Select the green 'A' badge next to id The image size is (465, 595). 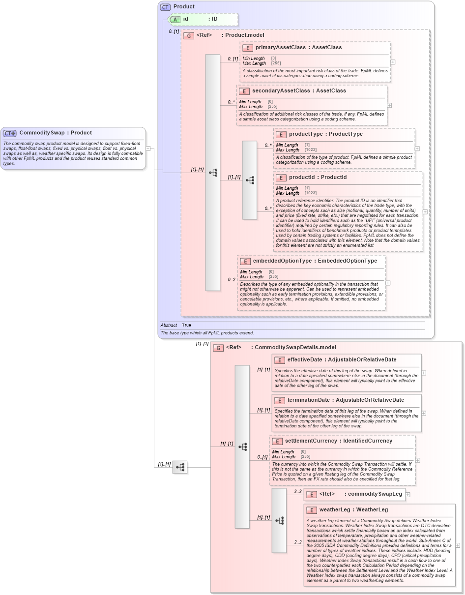(x=175, y=19)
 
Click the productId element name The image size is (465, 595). (x=302, y=178)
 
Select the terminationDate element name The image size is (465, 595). (x=308, y=400)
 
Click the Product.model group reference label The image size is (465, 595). (x=244, y=35)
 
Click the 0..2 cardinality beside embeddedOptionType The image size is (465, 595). (x=232, y=280)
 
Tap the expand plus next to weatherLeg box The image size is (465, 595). (x=458, y=545)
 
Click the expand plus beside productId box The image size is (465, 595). (x=425, y=212)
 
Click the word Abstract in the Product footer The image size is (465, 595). (x=169, y=326)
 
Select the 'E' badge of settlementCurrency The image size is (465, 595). (x=277, y=442)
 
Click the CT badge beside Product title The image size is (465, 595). (x=165, y=7)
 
